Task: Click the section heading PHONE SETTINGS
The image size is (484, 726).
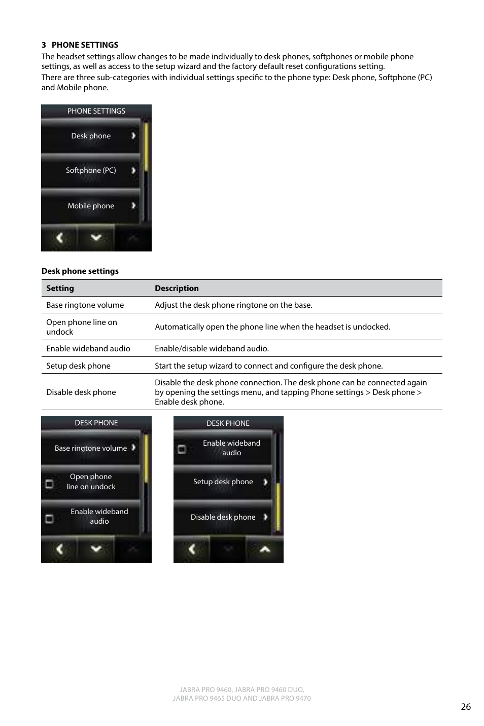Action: pyautogui.click(x=85, y=45)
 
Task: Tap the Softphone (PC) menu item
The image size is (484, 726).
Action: pyautogui.click(x=91, y=170)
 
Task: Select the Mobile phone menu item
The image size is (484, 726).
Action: pyautogui.click(x=91, y=206)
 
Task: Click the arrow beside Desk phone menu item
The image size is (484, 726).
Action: pyautogui.click(x=133, y=136)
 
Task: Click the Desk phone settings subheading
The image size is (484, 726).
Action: pyautogui.click(x=80, y=271)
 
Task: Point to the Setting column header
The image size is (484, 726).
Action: pyautogui.click(x=60, y=288)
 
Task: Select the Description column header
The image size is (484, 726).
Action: pyautogui.click(x=177, y=288)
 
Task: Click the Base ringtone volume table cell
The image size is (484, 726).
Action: pyautogui.click(x=85, y=305)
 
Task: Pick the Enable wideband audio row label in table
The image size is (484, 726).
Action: pyautogui.click(x=88, y=348)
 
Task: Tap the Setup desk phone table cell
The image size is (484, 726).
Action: pyautogui.click(x=78, y=366)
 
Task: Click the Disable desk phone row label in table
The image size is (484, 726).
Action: pyautogui.click(x=81, y=392)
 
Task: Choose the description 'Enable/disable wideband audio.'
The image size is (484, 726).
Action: pyautogui.click(x=212, y=348)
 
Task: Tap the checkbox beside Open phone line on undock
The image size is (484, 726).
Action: pyautogui.click(x=49, y=484)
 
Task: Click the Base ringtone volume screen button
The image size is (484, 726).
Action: pyautogui.click(x=91, y=448)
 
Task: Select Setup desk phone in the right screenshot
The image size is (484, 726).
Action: pyautogui.click(x=223, y=482)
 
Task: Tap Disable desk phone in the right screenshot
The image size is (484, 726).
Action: pyautogui.click(x=223, y=517)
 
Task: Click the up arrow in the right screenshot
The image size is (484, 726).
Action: pyautogui.click(x=264, y=549)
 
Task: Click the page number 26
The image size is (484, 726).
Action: pyautogui.click(x=466, y=707)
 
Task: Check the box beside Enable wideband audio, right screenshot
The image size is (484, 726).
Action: pyautogui.click(x=182, y=449)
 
